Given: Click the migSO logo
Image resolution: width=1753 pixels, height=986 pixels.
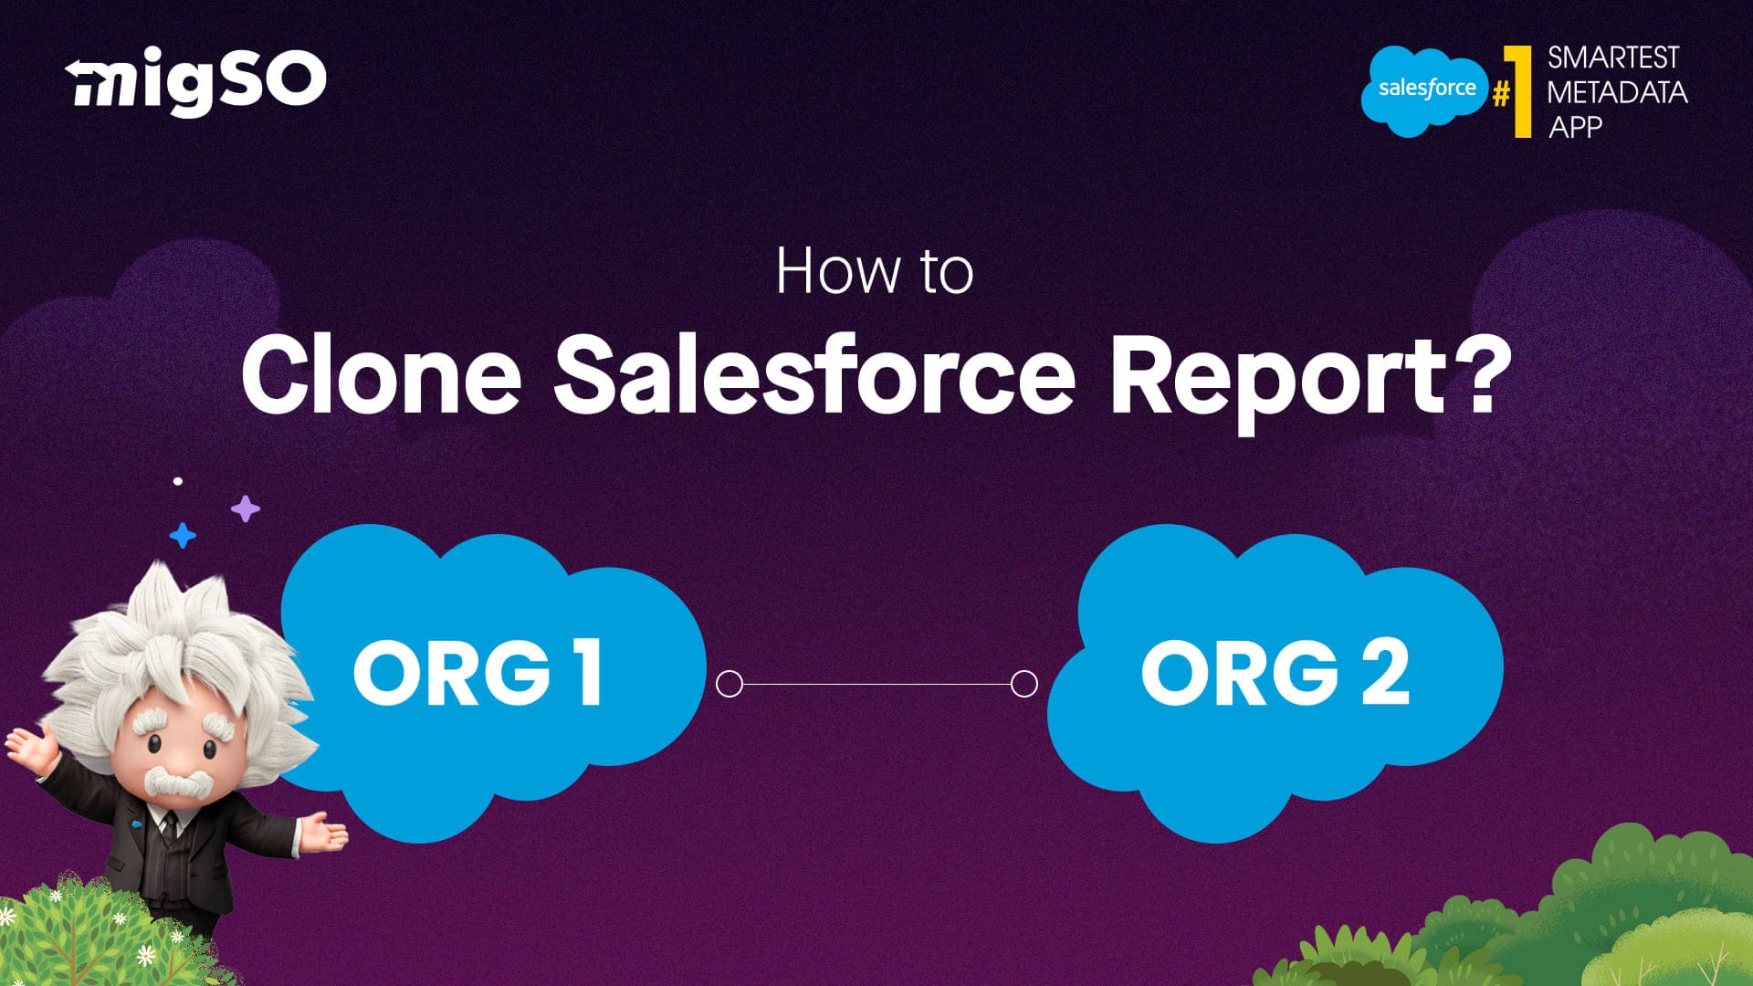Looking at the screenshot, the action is [x=195, y=83].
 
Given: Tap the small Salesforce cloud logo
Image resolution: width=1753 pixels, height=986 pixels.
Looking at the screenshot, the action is [x=1424, y=90].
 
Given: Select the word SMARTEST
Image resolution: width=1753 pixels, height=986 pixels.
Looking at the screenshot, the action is [x=1612, y=58].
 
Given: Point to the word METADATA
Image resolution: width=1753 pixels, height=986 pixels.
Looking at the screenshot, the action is [x=1617, y=92].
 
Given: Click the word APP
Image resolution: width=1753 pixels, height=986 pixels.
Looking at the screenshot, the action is [x=1575, y=127].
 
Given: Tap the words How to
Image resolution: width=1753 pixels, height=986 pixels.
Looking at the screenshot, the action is [x=875, y=271].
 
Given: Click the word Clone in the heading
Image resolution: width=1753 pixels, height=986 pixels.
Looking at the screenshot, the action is [x=381, y=374].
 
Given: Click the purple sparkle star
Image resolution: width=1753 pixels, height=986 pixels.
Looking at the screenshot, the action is [x=245, y=509].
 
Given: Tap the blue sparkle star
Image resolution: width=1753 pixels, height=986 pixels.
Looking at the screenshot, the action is [x=183, y=535].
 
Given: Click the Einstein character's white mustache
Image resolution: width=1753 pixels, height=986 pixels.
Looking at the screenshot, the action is [x=178, y=781].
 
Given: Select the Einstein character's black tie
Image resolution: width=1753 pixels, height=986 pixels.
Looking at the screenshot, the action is [x=169, y=826].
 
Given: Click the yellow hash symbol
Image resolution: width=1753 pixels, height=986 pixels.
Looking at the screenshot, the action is [x=1500, y=94].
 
